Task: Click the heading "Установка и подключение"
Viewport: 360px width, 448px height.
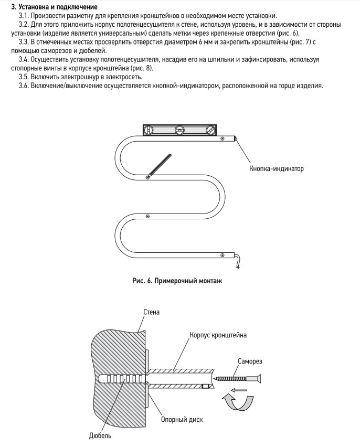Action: (x=58, y=7)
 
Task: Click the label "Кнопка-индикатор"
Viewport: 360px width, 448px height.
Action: (x=277, y=169)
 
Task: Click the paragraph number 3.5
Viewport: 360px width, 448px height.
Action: (x=24, y=77)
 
